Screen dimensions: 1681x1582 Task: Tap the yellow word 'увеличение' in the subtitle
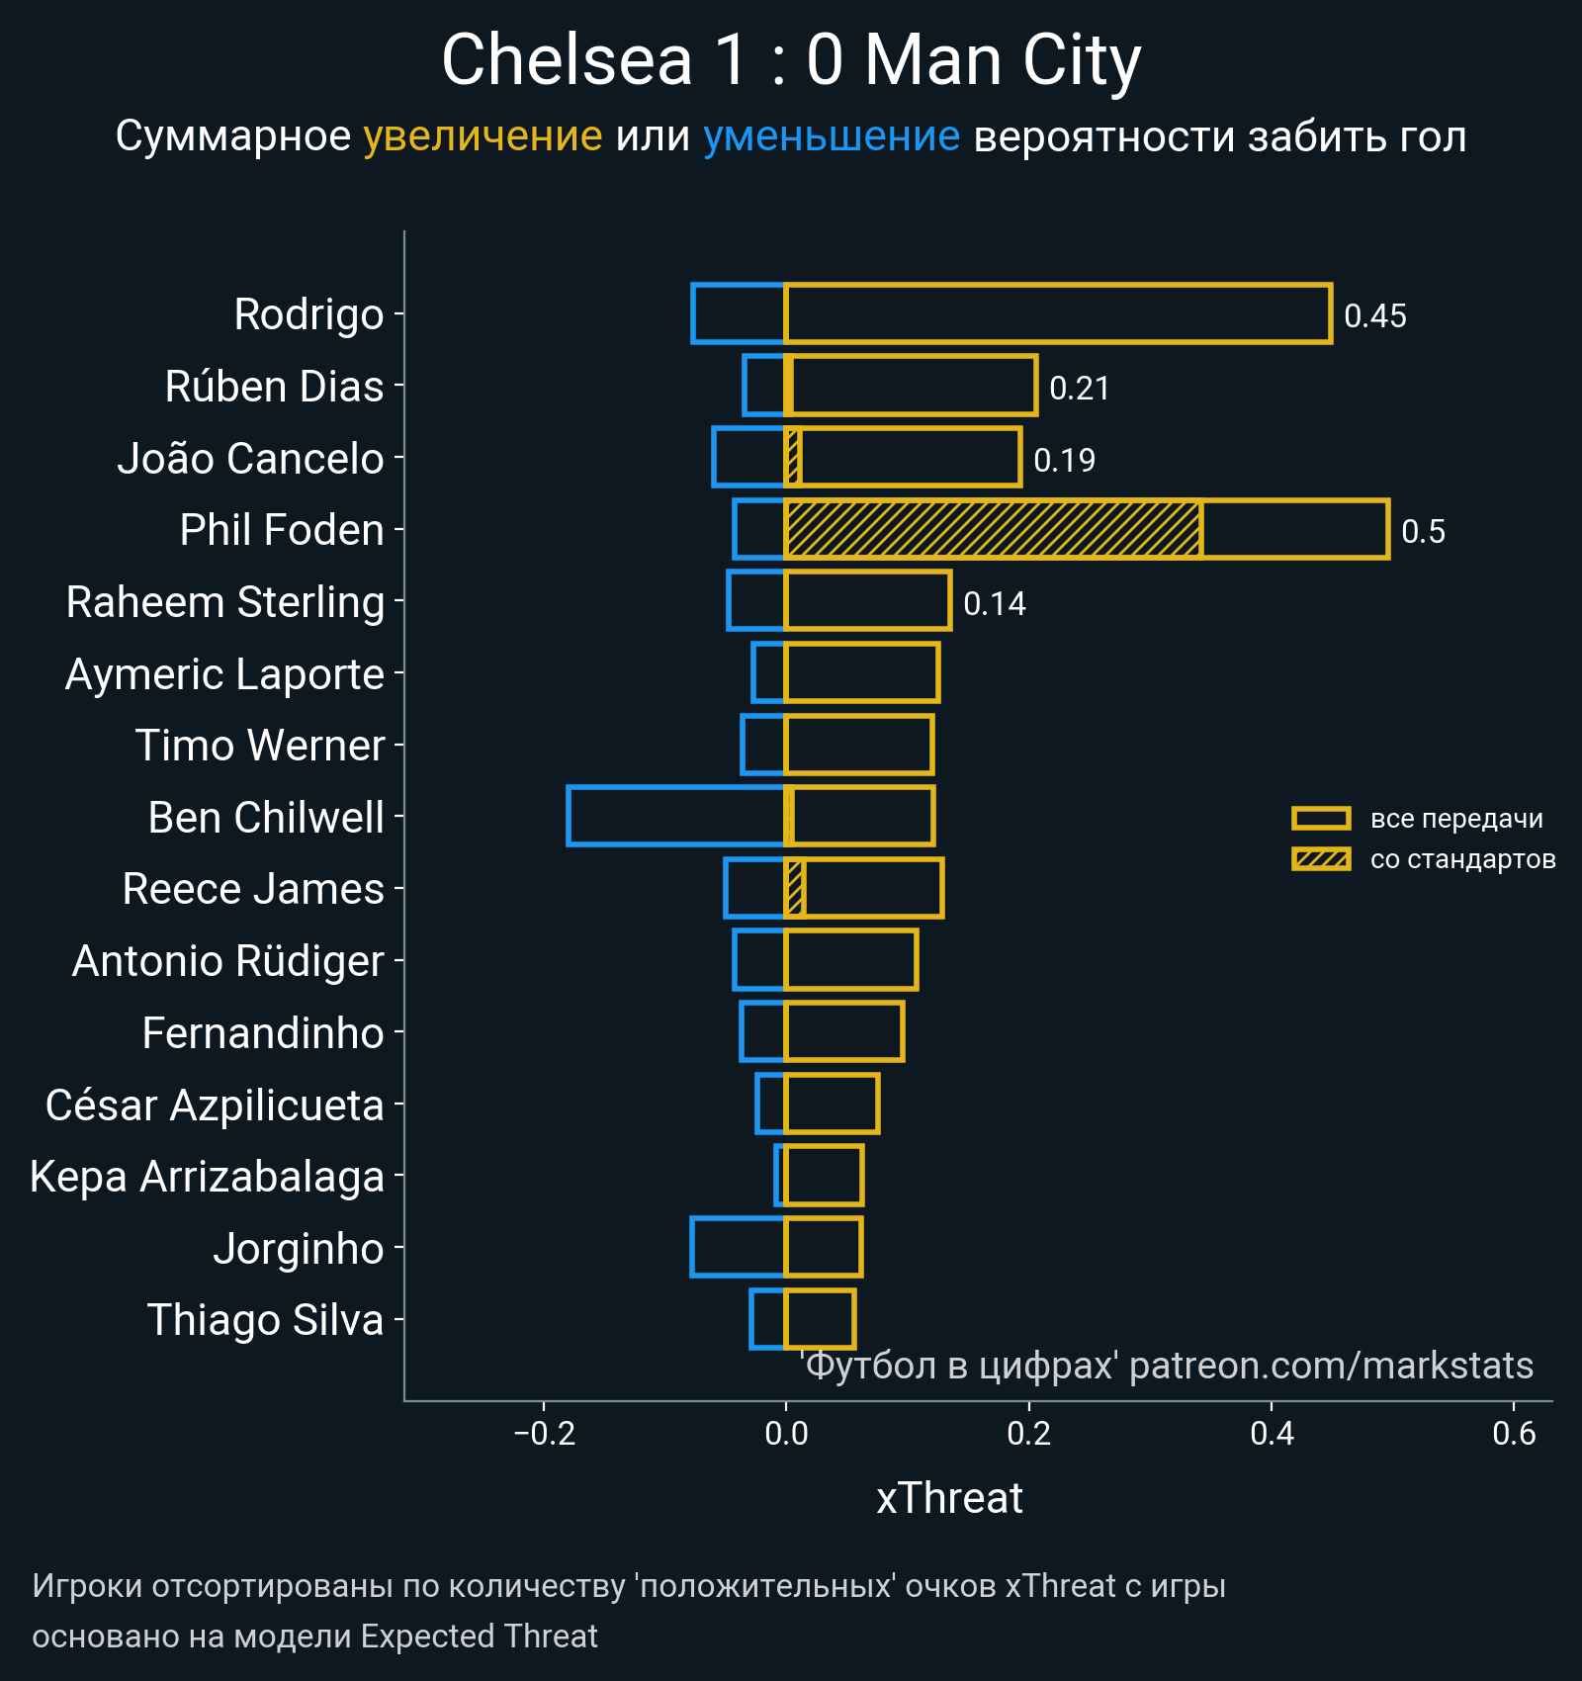[x=483, y=136]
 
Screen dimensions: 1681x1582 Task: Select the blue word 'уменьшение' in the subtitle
[x=831, y=136]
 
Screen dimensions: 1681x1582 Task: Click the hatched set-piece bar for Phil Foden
[x=993, y=530]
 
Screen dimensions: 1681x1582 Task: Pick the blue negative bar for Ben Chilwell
[x=676, y=817]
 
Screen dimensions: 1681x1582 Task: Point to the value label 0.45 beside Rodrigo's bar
[x=1374, y=316]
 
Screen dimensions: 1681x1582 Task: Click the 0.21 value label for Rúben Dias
[x=1079, y=389]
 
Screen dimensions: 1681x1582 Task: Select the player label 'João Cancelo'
[x=250, y=459]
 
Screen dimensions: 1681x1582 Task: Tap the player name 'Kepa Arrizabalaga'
[x=207, y=1177]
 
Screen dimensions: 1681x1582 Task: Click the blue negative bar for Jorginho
[x=738, y=1248]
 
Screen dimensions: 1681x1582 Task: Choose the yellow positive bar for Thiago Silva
[x=820, y=1319]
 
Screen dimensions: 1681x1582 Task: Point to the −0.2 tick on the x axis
[x=544, y=1433]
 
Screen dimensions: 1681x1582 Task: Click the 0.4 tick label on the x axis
[x=1272, y=1433]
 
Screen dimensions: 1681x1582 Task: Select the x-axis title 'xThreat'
[x=949, y=1498]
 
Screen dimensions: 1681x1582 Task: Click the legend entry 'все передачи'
[x=1455, y=819]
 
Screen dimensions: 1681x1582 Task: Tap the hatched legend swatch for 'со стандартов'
[x=1321, y=859]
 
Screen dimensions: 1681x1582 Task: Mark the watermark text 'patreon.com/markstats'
[x=1331, y=1366]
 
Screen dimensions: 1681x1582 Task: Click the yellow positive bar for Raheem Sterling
[x=867, y=601]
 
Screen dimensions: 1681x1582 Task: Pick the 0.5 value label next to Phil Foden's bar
[x=1423, y=532]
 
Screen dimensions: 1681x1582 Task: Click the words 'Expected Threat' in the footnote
[x=479, y=1637]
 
